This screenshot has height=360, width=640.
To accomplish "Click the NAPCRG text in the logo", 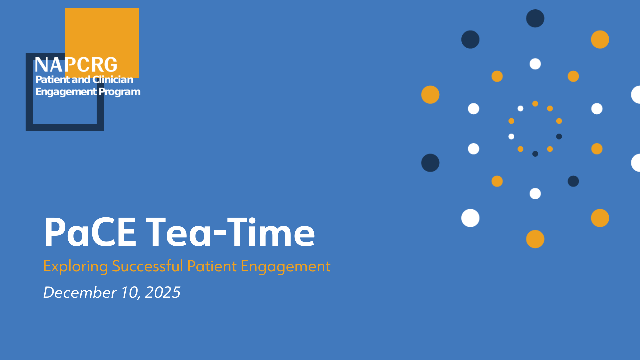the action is (x=76, y=65).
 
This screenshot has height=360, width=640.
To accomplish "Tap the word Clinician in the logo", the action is (x=113, y=79).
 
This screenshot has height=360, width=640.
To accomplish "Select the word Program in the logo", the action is (x=119, y=92).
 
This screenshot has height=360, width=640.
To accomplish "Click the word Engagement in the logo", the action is (x=66, y=92).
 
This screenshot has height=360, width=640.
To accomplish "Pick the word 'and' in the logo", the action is (x=81, y=79).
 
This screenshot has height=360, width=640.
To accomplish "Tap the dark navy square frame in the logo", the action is (x=29, y=92).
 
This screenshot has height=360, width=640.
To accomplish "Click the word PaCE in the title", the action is (x=90, y=232).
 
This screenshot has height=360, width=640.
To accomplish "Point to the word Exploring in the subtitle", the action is (x=76, y=267).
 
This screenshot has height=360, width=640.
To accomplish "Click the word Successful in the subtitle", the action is (x=148, y=266).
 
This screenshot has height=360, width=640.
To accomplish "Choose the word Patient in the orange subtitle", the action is (x=212, y=266).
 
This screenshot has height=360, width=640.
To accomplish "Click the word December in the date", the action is (x=80, y=292).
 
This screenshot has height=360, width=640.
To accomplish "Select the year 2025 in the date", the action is (x=163, y=292).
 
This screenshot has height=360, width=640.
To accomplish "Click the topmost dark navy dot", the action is (x=535, y=18).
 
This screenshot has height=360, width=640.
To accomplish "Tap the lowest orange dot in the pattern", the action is (x=535, y=239).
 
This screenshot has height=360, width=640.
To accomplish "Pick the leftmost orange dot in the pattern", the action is (x=430, y=95).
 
